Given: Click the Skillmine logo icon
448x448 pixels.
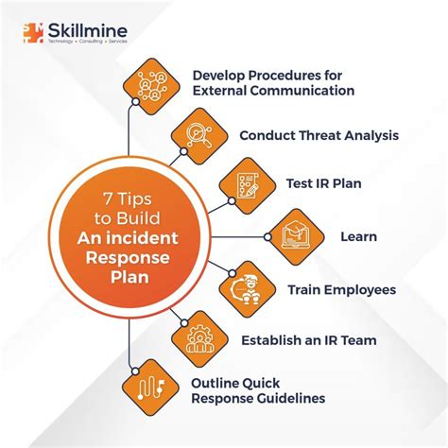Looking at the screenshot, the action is pos(33,33).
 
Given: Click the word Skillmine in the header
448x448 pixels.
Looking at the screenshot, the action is pos(88,31).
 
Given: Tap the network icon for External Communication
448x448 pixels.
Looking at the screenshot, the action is pos(151,86).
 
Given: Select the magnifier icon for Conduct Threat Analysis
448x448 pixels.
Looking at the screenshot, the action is pos(199,136).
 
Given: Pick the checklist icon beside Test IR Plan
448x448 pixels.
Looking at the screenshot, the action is pos(248,186).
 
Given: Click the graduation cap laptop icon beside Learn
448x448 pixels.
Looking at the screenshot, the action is pos(296,236).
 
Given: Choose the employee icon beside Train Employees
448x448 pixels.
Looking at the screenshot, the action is pos(248,289).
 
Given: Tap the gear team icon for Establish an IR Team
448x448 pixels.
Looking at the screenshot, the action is pos(199,339).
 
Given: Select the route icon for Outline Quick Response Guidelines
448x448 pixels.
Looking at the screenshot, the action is pos(150,388).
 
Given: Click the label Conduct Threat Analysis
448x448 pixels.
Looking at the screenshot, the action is pos(319,135).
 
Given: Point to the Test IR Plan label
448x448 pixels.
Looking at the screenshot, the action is pos(324,183).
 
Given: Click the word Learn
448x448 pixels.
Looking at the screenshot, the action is pos(359,236).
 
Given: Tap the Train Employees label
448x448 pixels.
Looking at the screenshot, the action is pos(342,290).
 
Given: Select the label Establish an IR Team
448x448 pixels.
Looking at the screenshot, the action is pos(309,340).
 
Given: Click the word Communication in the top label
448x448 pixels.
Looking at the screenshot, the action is pos(302,91).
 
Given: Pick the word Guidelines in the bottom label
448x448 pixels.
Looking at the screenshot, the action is pos(291,398).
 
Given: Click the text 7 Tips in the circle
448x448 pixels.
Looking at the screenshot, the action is pos(128,198).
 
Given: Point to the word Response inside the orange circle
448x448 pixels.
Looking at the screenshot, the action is pos(128,258).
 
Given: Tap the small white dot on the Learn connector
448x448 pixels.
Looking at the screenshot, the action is pos(267,237).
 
